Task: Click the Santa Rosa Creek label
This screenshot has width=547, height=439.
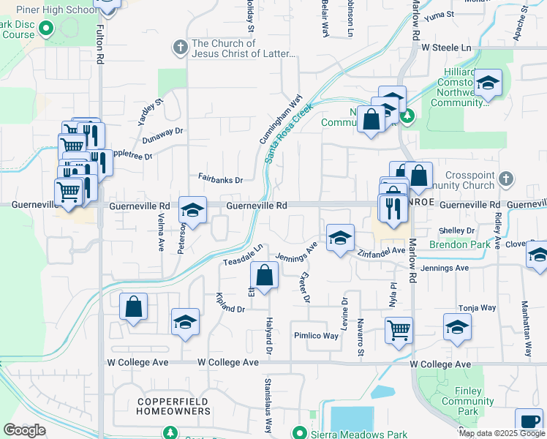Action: click(289, 132)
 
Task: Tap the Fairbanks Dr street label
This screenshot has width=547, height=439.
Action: click(220, 179)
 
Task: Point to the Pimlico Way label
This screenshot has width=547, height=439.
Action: click(317, 336)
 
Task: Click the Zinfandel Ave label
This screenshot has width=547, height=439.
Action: click(381, 251)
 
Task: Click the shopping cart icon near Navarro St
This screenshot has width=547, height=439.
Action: click(399, 329)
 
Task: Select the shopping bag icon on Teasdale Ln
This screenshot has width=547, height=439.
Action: click(264, 276)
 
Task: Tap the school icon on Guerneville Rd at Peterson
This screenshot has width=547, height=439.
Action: click(193, 210)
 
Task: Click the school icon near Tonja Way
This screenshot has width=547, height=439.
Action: click(457, 326)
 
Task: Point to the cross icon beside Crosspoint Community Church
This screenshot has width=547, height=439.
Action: click(505, 178)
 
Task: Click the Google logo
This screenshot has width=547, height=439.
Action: click(24, 430)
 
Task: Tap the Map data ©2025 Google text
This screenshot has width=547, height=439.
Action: click(501, 433)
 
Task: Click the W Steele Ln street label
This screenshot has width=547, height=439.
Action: click(446, 47)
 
